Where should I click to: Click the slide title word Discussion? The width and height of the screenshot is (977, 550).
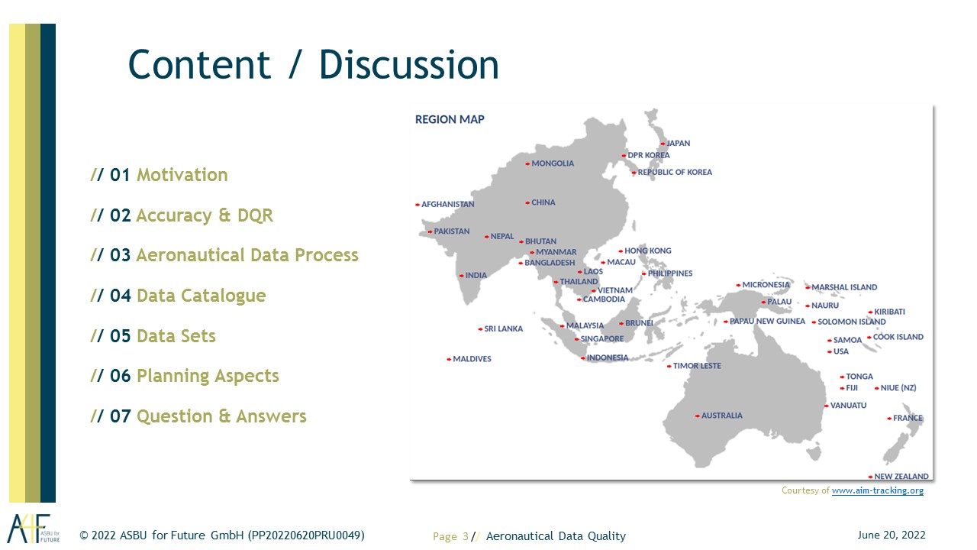click(x=408, y=65)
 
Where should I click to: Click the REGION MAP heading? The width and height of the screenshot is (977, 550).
click(x=450, y=119)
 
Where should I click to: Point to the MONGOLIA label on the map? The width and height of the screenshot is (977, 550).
click(x=553, y=163)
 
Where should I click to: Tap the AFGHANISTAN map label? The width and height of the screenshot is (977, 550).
click(x=447, y=204)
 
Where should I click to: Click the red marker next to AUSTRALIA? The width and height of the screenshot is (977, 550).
click(x=698, y=416)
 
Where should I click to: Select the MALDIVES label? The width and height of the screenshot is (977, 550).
click(x=472, y=359)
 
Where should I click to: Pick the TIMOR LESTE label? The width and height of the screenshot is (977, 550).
click(x=697, y=366)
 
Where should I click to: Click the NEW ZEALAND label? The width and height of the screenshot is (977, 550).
click(x=901, y=476)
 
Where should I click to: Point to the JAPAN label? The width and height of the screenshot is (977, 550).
click(x=679, y=143)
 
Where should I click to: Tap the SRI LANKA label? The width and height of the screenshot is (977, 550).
click(x=503, y=328)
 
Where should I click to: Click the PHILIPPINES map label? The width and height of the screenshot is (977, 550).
click(x=670, y=273)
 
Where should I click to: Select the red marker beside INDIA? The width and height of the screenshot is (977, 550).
click(x=462, y=276)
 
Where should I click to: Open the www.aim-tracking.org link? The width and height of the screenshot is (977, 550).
click(x=878, y=490)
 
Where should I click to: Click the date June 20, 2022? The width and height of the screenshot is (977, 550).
click(x=892, y=535)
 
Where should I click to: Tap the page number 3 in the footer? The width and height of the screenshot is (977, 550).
click(x=466, y=536)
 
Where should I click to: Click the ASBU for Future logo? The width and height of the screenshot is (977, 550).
click(x=33, y=528)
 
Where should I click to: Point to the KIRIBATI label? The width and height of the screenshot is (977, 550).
click(x=889, y=312)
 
